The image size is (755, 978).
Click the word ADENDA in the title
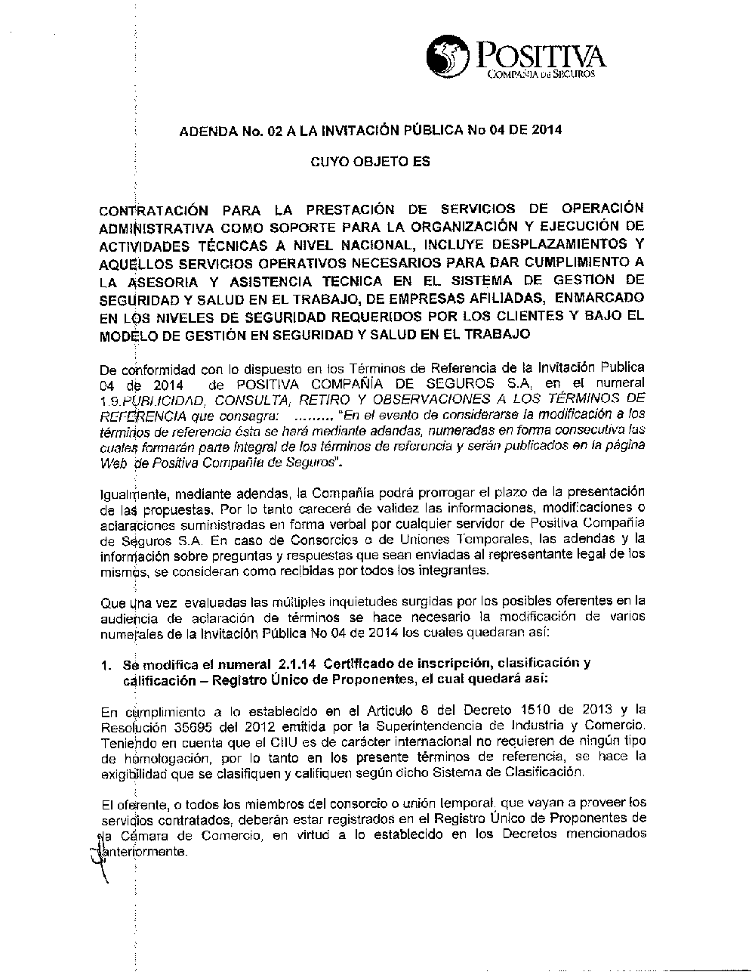coord(206,130)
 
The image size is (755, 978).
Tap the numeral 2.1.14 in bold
coord(297,664)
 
